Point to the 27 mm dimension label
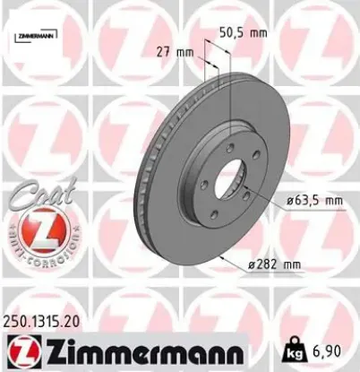pos(183,52)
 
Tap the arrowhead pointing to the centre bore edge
pos(254,190)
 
